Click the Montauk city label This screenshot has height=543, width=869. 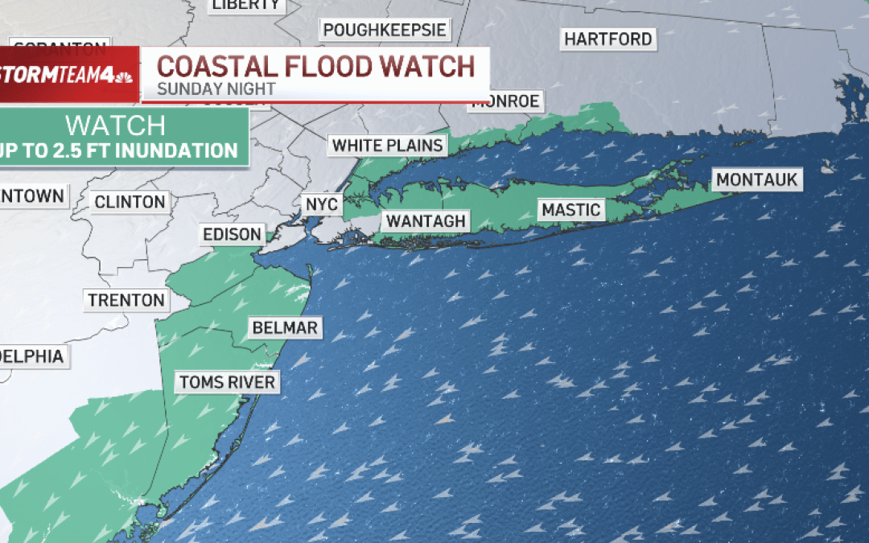tap(757, 179)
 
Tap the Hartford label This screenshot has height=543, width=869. tap(607, 39)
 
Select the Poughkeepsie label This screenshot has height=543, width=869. tap(385, 31)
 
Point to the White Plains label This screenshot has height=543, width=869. tap(388, 146)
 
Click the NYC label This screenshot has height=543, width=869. tap(321, 204)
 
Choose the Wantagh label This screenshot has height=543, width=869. tap(426, 220)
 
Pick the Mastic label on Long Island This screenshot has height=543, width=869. tap(570, 210)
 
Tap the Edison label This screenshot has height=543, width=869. tap(232, 235)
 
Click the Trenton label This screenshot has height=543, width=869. tap(126, 300)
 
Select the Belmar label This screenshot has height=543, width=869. tap(285, 327)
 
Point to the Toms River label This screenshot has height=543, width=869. tap(227, 381)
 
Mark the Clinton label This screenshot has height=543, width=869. tap(130, 202)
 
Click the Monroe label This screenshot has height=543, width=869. tap(507, 101)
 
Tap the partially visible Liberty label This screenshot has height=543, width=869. tap(245, 6)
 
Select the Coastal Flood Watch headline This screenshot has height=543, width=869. tap(315, 66)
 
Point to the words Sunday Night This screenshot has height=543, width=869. tap(216, 89)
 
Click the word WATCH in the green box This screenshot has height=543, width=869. tap(115, 125)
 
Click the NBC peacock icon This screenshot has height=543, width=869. tap(123, 78)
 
